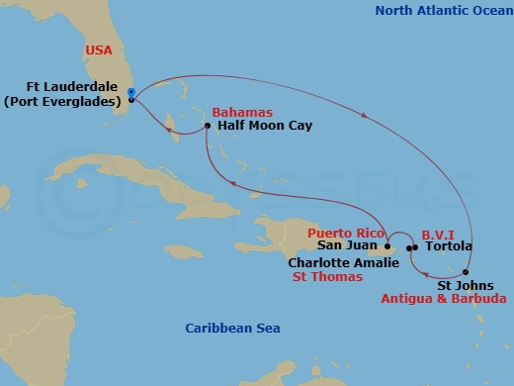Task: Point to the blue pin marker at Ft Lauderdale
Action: [131, 93]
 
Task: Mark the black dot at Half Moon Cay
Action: [207, 127]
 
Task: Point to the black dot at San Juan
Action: [388, 246]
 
